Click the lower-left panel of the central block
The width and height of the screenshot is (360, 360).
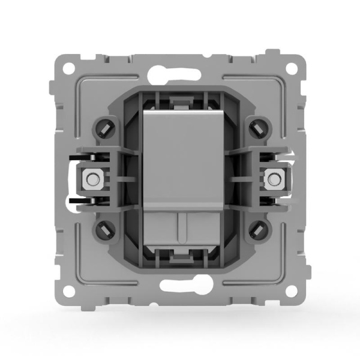[161, 224]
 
